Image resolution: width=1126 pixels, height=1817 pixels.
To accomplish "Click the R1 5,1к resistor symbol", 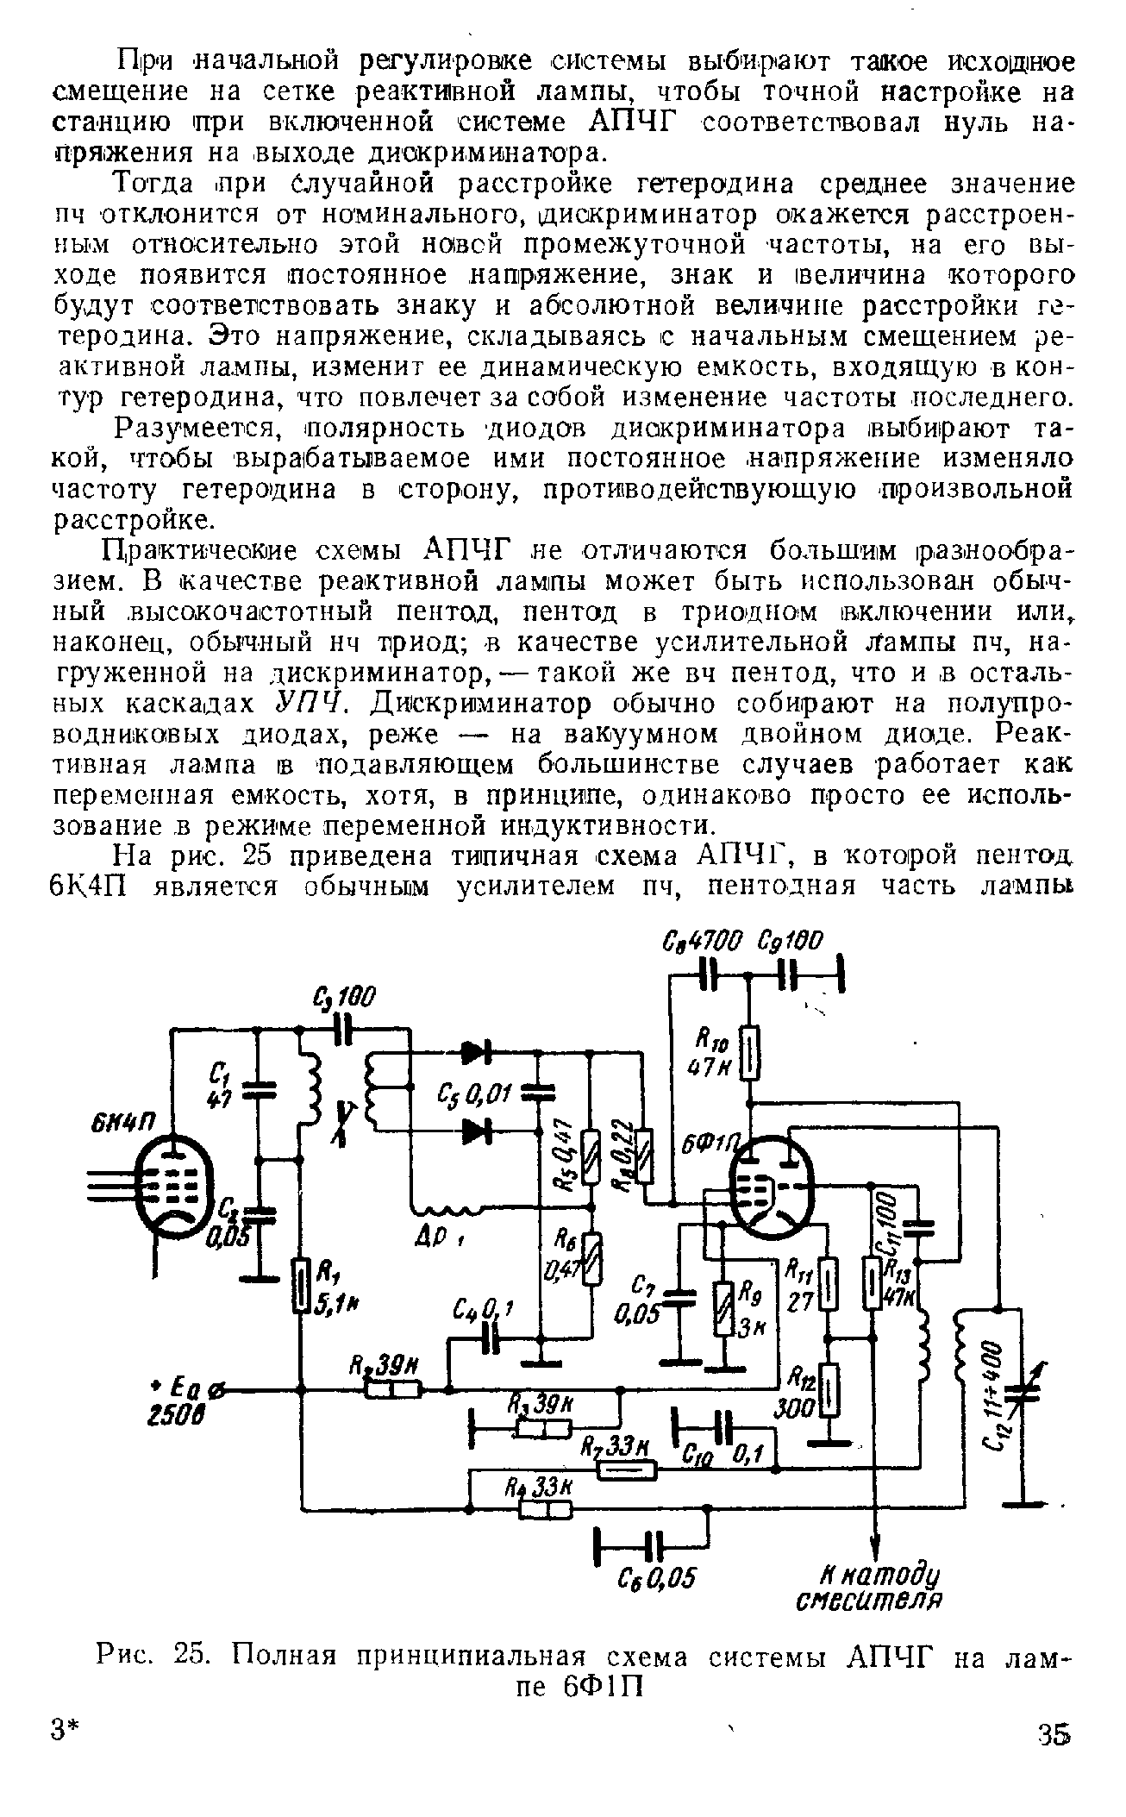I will point(300,1284).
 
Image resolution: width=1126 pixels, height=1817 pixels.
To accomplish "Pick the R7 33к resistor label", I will point(615,1447).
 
